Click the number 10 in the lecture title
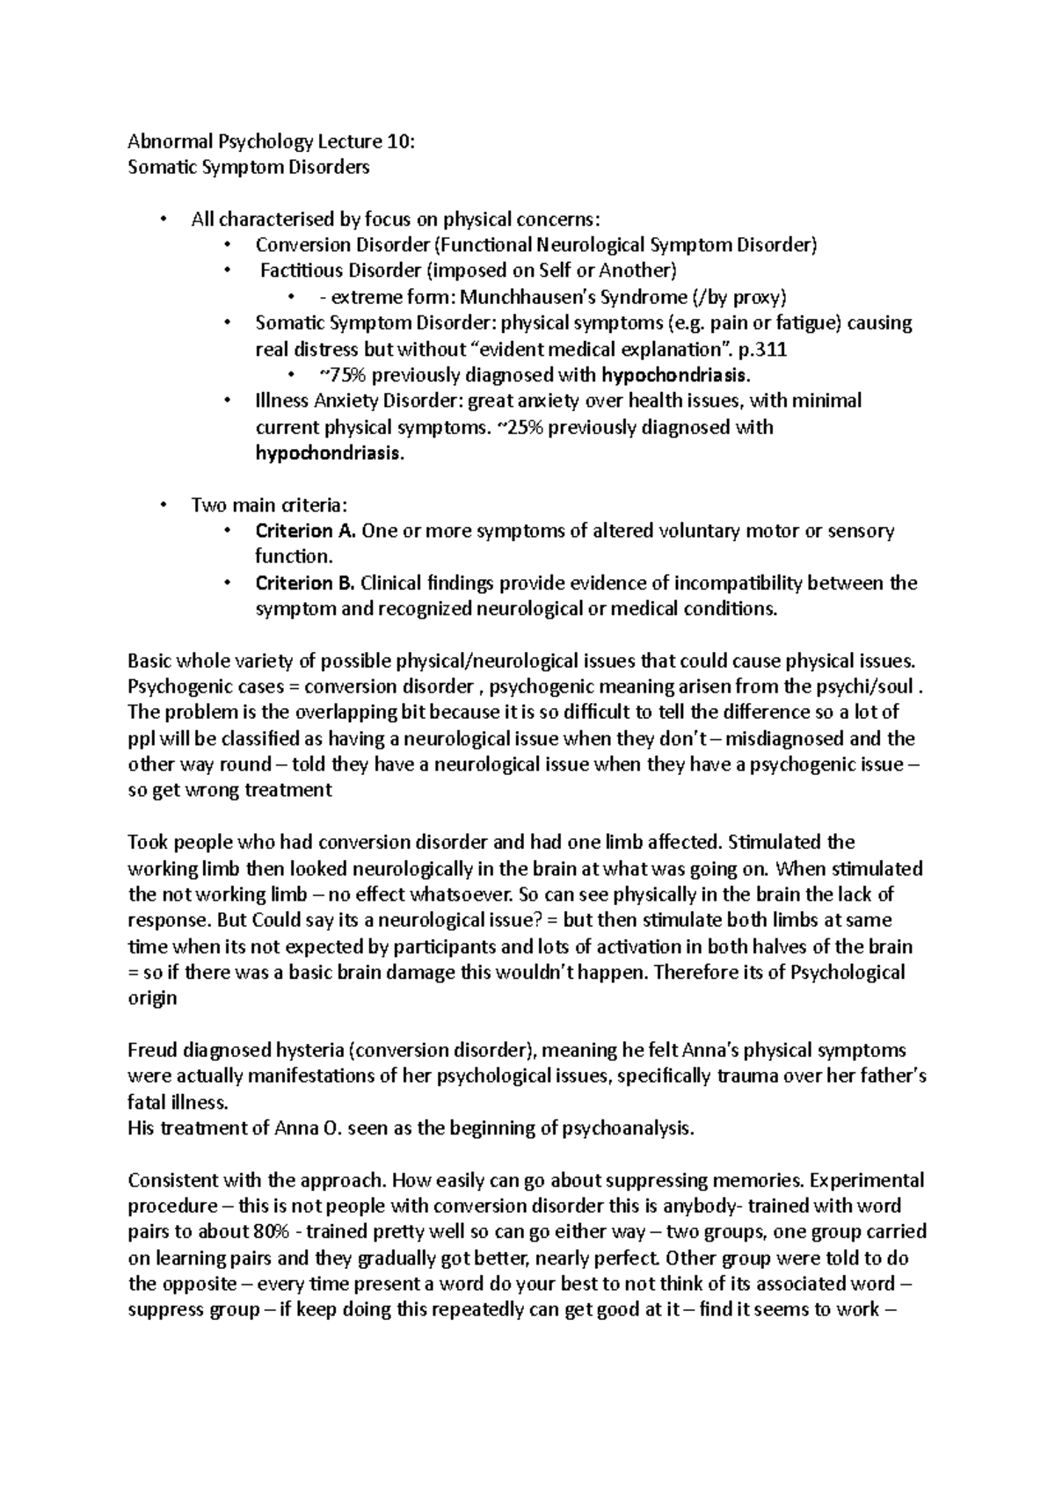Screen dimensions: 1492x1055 pos(393,141)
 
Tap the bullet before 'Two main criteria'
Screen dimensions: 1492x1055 pos(163,505)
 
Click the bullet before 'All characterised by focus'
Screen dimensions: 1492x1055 pos(163,219)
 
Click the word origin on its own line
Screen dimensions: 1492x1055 pos(152,999)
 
